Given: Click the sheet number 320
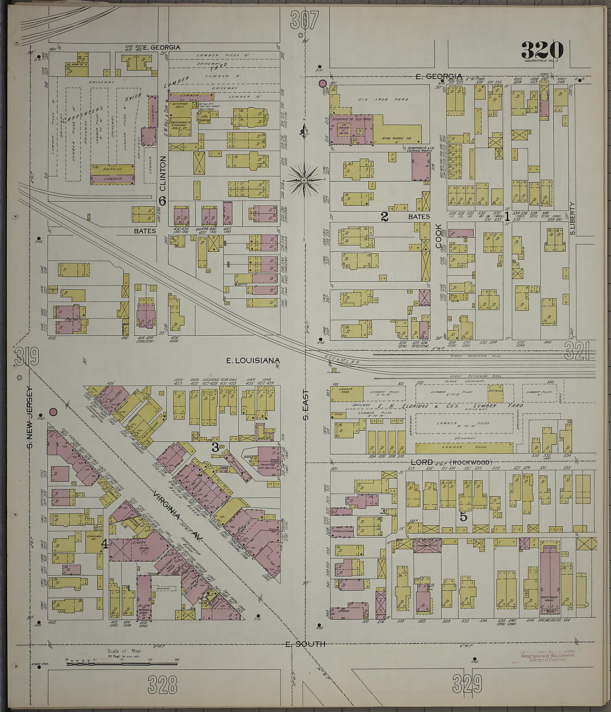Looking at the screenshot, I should [542, 51].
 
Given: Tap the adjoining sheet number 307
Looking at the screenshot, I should [304, 20].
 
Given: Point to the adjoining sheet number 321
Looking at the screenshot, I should [578, 350].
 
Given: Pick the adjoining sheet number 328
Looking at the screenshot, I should [163, 684].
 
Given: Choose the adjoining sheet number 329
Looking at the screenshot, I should [467, 683].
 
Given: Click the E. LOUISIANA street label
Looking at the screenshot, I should [253, 361].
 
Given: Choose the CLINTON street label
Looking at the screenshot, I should [163, 173].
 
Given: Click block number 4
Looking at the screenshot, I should [104, 544].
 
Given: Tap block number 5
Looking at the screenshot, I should [463, 516].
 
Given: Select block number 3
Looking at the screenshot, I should [214, 446].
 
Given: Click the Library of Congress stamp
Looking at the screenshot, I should [547, 656].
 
